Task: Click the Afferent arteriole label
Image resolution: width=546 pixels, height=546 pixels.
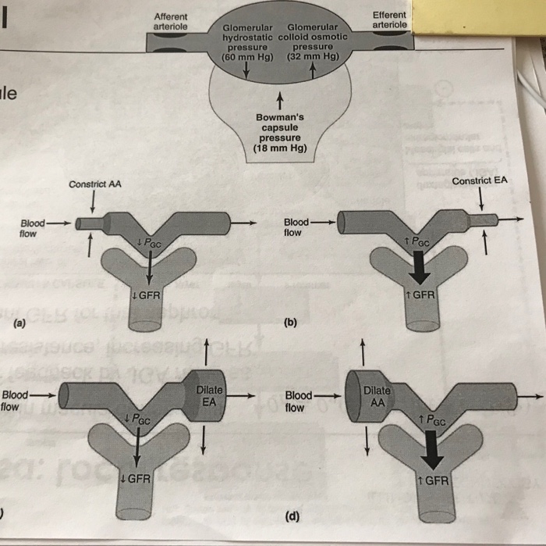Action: point(171,20)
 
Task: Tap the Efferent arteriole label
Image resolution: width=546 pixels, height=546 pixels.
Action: point(389,20)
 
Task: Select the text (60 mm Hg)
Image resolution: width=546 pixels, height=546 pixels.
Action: point(246,57)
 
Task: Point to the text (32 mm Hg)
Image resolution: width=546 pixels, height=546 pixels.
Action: point(313,57)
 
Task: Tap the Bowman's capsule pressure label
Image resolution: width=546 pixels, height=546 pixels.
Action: point(280,127)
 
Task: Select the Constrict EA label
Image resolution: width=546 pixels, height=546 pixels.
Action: point(479,180)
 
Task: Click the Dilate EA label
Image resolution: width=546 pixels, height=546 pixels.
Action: point(210,395)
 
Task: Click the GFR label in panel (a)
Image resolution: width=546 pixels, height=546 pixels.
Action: point(145,295)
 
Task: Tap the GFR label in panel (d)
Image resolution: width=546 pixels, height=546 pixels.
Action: point(433,480)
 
